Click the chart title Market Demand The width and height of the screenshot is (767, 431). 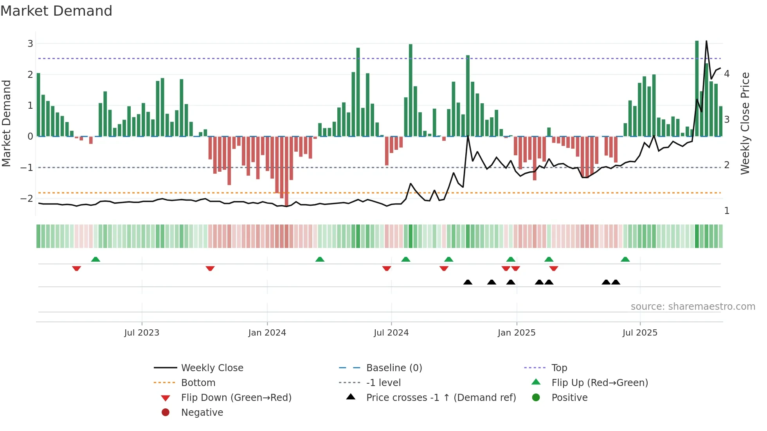coord(56,11)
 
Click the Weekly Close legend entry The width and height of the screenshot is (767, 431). coord(212,368)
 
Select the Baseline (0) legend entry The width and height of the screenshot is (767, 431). coord(394,368)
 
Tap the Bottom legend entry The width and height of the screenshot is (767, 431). coord(198,383)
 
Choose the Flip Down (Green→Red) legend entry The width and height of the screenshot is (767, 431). coord(236,397)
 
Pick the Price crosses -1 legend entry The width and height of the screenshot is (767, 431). coord(441,397)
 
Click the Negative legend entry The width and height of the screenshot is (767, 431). coord(202,412)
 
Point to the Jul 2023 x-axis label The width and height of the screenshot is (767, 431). coord(142,333)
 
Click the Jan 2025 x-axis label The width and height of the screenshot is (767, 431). coord(517,333)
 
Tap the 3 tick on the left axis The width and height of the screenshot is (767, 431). coord(30,43)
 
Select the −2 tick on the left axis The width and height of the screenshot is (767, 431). coord(27,198)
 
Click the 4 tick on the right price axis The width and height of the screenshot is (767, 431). coord(727,74)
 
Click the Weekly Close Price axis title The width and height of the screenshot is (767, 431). coord(745,123)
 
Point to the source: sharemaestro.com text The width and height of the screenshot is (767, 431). coord(693,306)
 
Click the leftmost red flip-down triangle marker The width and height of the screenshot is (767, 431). coord(77,268)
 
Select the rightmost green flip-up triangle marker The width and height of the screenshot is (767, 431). coord(625,259)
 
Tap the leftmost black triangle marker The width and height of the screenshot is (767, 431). coord(468,282)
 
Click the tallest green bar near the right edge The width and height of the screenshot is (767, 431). coord(697,88)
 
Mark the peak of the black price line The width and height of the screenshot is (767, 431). coord(706,41)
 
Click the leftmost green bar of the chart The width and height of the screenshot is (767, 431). coord(38,105)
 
